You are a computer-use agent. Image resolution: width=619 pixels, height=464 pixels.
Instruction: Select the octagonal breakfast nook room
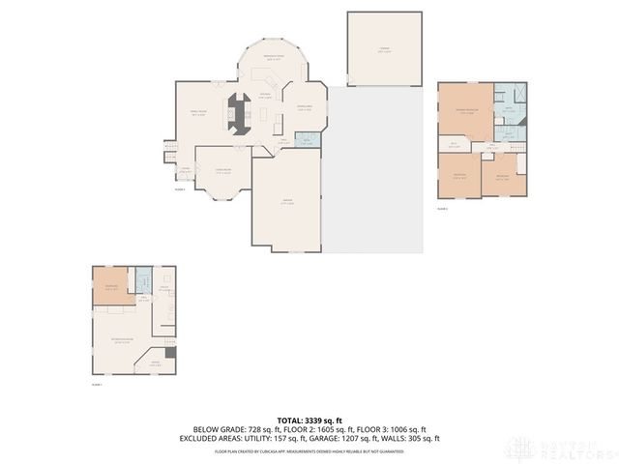[273, 63]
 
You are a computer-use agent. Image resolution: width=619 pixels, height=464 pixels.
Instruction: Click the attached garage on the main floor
[287, 203]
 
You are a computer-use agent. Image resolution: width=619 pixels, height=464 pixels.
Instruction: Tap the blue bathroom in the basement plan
[144, 282]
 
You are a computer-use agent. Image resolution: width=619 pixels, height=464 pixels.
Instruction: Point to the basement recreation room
[123, 340]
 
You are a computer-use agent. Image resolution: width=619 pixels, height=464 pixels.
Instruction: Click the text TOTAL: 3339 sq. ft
[309, 420]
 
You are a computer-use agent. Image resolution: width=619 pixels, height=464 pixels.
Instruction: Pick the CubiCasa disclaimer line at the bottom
[309, 450]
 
